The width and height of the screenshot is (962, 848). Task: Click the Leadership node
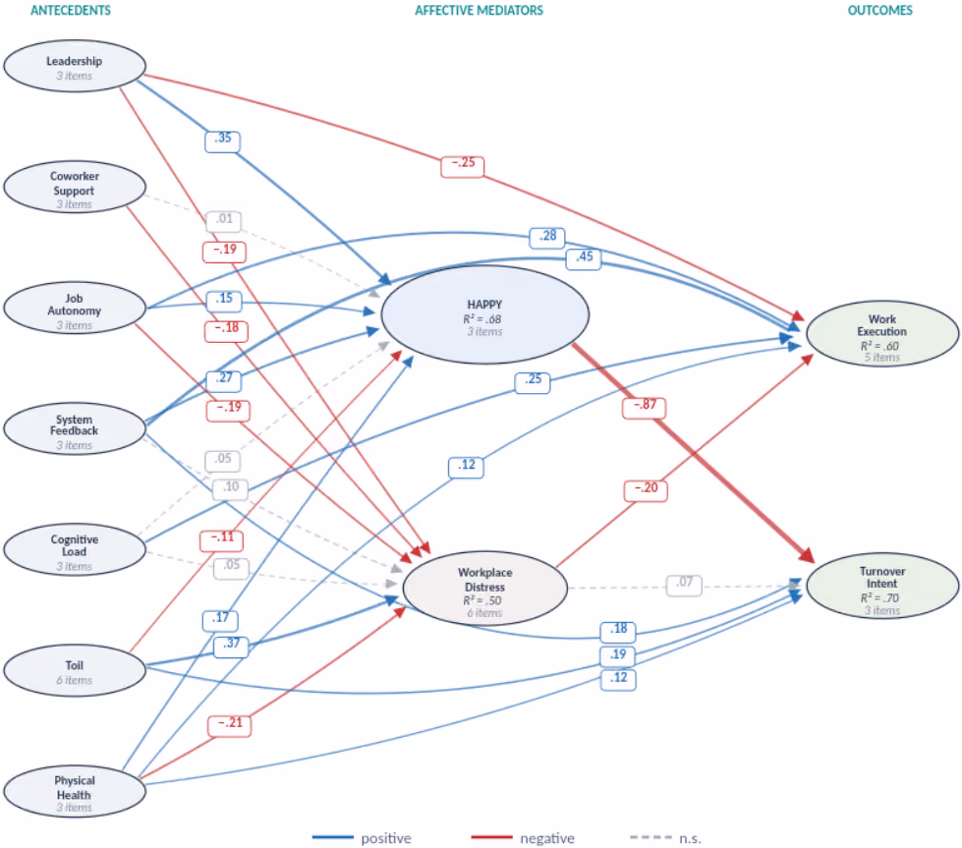(75, 66)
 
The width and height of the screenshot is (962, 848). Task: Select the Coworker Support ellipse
(75, 187)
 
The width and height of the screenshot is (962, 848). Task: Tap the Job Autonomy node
(75, 308)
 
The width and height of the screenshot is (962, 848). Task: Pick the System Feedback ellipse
(75, 428)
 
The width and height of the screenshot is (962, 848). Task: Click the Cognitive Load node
(75, 549)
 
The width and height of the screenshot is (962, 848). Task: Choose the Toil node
(75, 670)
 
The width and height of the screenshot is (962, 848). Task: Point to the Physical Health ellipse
(75, 791)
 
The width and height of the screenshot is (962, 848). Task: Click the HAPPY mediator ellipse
(484, 314)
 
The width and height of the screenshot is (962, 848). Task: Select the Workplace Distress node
(484, 589)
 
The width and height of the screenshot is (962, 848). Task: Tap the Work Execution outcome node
(882, 334)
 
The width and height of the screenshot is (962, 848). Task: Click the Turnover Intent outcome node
(882, 587)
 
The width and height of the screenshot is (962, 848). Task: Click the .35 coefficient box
(222, 141)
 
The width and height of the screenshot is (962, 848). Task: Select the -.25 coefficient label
(463, 166)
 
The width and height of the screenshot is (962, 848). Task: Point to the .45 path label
(584, 259)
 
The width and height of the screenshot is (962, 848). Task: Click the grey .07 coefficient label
(684, 585)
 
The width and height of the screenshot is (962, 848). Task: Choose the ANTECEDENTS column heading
(71, 11)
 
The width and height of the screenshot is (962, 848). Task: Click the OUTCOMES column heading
(879, 11)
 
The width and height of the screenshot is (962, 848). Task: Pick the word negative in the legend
(547, 838)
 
